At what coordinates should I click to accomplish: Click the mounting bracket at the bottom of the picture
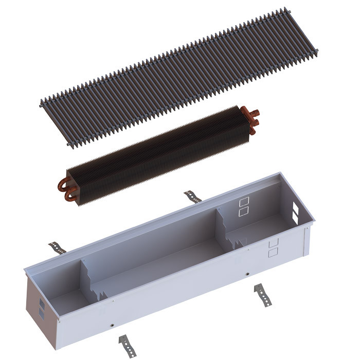(x=124, y=341)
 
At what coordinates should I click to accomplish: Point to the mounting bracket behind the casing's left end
(x=57, y=246)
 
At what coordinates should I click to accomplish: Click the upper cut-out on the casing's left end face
(x=41, y=301)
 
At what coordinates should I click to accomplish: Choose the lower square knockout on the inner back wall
(x=244, y=210)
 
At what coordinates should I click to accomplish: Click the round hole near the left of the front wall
(x=112, y=325)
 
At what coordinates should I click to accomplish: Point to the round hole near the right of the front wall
(x=248, y=274)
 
